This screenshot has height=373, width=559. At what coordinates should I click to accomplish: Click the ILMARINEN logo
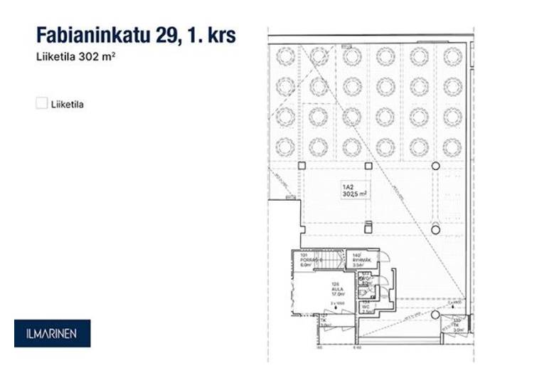coord(52,333)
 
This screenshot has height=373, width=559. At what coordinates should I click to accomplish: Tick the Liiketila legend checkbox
coord(41,104)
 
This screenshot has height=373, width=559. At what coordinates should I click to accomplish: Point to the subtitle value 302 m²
coord(99,57)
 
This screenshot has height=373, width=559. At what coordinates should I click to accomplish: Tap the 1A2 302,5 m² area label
coord(353,190)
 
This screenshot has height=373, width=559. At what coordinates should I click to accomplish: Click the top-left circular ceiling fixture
coord(284,56)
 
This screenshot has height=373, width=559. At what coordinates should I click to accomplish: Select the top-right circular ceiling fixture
coord(452,56)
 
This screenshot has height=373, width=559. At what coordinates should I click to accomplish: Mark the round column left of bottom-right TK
coord(435,314)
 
